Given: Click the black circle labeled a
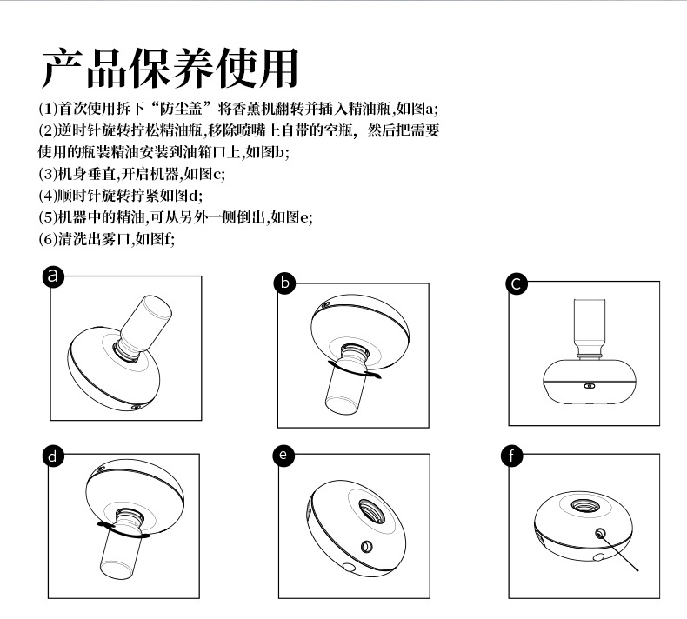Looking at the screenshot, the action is coord(55,276).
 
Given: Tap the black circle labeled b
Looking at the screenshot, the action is coord(284,282).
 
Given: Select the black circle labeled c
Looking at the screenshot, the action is coord(517,283).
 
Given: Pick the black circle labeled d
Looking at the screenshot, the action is coord(55,456).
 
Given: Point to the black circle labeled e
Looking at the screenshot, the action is coord(284,456).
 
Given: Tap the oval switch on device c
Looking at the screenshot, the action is coord(589,386).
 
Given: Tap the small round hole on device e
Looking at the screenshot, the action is coord(366,547).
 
